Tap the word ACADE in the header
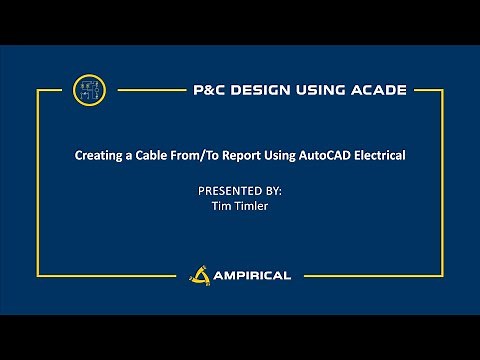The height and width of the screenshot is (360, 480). [375, 90]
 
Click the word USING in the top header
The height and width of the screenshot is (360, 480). [312, 90]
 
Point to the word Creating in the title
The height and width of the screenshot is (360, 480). [99, 156]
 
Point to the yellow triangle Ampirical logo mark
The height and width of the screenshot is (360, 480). [198, 273]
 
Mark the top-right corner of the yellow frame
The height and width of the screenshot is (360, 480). [441, 91]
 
